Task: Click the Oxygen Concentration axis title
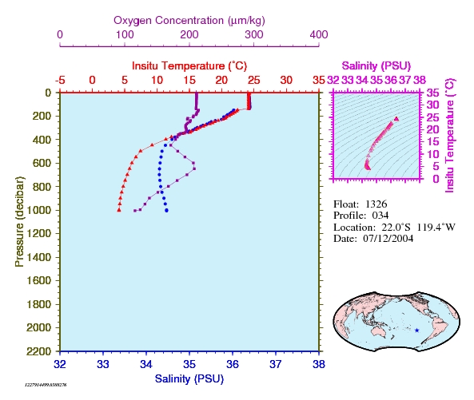189,21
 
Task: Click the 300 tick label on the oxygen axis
254,34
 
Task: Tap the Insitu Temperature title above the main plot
189,65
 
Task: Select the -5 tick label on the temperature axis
60,81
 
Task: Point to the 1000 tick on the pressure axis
38,210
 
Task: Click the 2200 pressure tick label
38,351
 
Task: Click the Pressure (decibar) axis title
19,222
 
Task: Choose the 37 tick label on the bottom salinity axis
276,364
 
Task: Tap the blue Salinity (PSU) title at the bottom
189,378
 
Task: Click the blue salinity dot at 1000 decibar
166,211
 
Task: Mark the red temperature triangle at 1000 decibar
119,210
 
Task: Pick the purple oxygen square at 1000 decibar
135,211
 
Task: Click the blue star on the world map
417,331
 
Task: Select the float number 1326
376,204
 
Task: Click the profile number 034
380,216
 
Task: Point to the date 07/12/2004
388,239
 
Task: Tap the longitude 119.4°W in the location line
436,227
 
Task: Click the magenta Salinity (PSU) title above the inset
376,65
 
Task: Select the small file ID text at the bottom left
46,385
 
